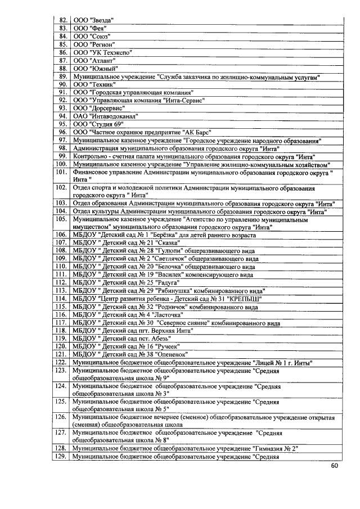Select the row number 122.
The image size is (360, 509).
(x=62, y=363)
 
